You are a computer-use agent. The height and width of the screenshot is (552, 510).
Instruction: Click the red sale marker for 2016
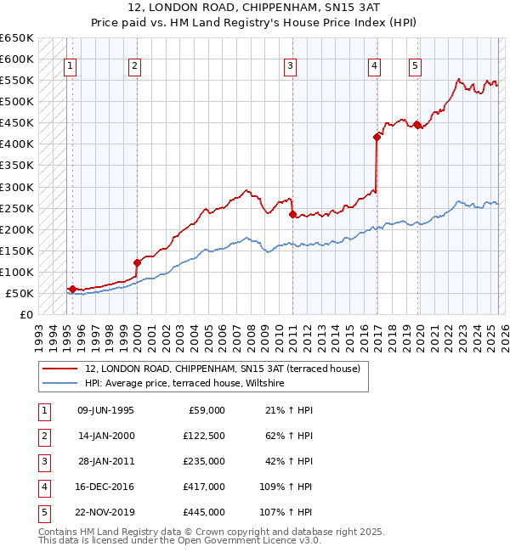click(377, 136)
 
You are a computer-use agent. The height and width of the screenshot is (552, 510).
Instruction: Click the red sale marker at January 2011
click(292, 215)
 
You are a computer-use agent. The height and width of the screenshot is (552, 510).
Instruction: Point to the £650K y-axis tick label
click(17, 38)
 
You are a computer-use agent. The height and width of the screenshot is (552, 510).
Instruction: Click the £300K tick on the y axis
click(17, 187)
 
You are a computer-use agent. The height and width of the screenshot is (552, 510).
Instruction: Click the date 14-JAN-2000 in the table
click(105, 436)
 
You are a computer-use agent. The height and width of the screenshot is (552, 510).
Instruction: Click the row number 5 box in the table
click(43, 512)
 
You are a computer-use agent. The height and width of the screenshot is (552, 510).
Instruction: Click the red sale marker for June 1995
click(73, 290)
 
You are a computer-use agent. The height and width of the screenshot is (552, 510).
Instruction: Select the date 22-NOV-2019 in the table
click(105, 512)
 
